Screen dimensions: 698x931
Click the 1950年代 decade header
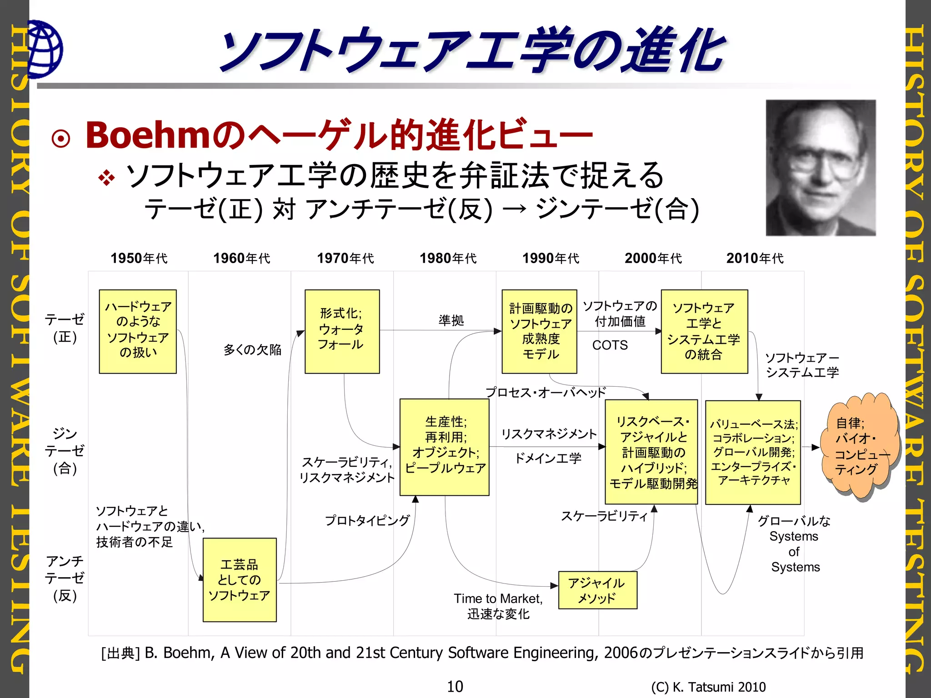coord(139,258)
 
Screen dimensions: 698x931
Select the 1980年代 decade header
coord(448,258)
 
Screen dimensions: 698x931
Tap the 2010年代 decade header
coord(755,258)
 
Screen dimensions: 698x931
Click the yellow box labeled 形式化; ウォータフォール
coord(342,331)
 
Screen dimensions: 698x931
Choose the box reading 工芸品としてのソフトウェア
coord(240,579)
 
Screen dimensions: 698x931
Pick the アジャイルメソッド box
coord(597,590)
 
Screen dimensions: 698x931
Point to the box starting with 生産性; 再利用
coord(444,447)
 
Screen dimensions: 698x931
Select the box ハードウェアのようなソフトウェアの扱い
coord(138,331)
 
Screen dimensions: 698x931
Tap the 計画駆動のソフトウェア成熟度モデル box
coord(539,331)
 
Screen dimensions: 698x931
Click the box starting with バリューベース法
coord(752,452)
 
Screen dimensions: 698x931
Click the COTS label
coord(610,345)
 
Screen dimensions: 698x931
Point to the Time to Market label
coord(498,598)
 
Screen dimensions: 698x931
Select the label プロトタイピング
coord(367,520)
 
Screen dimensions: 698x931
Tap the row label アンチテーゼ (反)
coord(65,578)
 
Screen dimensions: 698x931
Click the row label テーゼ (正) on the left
coord(65,328)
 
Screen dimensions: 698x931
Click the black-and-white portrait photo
coord(821,168)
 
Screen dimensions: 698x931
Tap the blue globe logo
coord(45,49)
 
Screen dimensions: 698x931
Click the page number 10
coord(455,686)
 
